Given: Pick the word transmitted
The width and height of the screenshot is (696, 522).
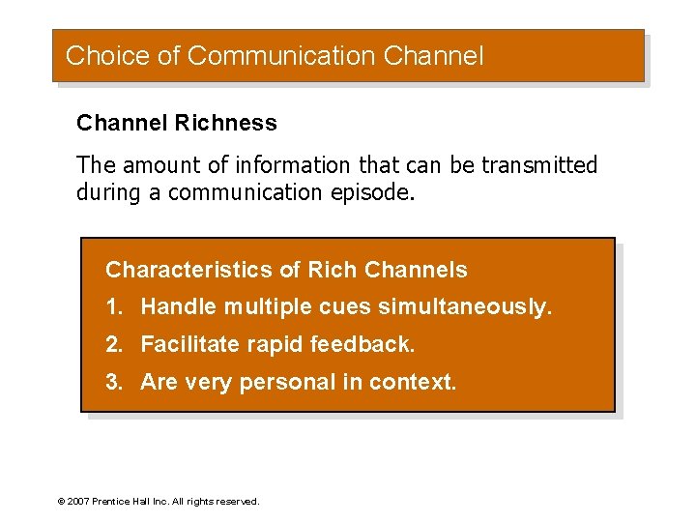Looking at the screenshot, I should (538, 166).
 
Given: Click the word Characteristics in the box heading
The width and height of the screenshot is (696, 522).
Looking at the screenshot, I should (190, 271).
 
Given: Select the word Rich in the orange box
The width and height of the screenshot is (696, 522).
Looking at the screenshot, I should (331, 271).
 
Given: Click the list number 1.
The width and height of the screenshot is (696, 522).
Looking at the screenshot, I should (114, 307).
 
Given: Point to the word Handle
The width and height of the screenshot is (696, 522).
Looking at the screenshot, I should (179, 307).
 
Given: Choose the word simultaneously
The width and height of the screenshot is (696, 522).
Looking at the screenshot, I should (465, 307).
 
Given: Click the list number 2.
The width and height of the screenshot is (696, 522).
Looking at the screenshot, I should (114, 344).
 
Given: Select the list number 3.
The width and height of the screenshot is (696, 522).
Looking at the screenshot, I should (114, 382).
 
